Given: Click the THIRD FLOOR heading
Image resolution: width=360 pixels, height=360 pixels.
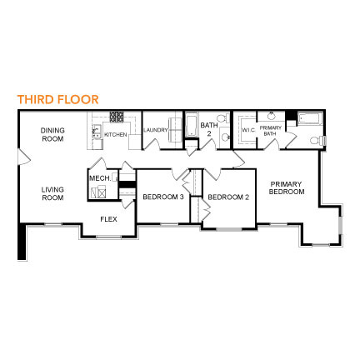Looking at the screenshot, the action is tap(58, 99).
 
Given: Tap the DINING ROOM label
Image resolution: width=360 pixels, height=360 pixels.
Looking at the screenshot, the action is tap(52, 134).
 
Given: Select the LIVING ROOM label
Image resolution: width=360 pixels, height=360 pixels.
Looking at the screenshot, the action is tap(52, 193).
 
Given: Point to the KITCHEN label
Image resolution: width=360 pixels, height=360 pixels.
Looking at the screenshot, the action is tap(116, 135).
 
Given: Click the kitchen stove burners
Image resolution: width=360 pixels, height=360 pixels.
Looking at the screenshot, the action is tap(117, 117).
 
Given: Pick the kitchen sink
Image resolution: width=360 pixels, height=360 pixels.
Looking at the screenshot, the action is tap(97, 132).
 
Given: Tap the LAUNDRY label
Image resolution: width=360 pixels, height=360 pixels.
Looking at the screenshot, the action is tap(156, 130).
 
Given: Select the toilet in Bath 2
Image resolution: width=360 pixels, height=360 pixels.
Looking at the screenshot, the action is tap(222, 118).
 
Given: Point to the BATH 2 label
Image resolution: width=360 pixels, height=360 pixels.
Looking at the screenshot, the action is tap(209, 129).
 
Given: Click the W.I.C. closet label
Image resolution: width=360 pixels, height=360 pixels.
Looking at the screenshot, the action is tap(248, 130).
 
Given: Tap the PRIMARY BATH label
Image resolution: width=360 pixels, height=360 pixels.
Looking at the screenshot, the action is tap(270, 131).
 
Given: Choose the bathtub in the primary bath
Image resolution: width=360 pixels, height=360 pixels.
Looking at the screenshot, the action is tap(310, 118).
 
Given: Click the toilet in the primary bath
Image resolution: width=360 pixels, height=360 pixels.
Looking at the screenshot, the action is tap(317, 140).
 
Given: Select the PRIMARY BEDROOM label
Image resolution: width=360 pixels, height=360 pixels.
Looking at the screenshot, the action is tap(287, 188).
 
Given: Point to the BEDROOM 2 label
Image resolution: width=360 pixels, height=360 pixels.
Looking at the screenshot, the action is tap(228, 197).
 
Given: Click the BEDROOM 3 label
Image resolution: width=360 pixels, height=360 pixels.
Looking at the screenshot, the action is tap(163, 197).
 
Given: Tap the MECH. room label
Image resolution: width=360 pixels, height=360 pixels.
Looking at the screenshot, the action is tap(100, 178).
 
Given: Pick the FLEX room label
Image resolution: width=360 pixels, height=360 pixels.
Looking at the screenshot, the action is tap(108, 219).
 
